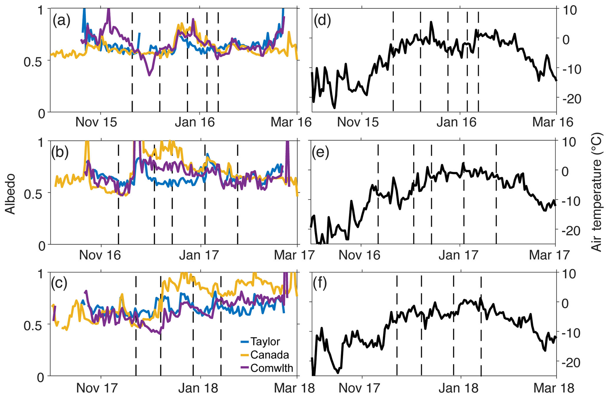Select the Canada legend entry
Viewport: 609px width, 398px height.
pyautogui.click(x=269, y=355)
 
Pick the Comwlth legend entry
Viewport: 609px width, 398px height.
pyautogui.click(x=271, y=368)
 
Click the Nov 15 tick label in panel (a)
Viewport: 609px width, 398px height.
pyautogui.click(x=96, y=122)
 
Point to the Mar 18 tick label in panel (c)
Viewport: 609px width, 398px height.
pyautogui.click(x=294, y=388)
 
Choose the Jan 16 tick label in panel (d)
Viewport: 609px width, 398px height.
pyautogui.click(x=456, y=122)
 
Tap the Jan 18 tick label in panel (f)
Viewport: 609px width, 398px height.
pyautogui.click(x=458, y=388)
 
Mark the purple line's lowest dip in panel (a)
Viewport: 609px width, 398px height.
pyautogui.click(x=149, y=75)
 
